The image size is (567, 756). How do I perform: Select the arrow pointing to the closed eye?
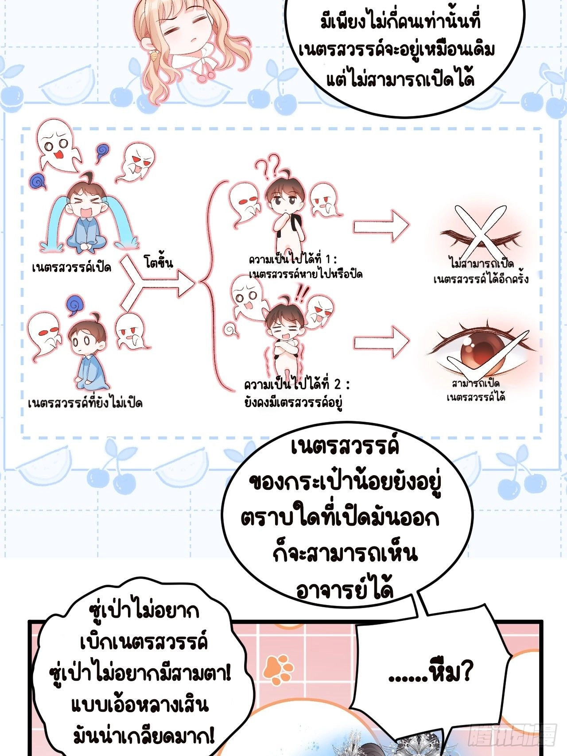[x=381, y=226]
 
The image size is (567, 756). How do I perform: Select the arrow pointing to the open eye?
[x=381, y=342]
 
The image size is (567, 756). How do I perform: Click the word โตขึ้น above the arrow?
[x=159, y=263]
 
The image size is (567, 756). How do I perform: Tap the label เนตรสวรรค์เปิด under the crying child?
[x=71, y=268]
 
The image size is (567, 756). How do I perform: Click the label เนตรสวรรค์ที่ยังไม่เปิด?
[x=85, y=403]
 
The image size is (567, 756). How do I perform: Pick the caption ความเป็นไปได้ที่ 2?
[x=297, y=384]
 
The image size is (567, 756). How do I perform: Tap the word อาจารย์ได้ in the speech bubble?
[x=345, y=590]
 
